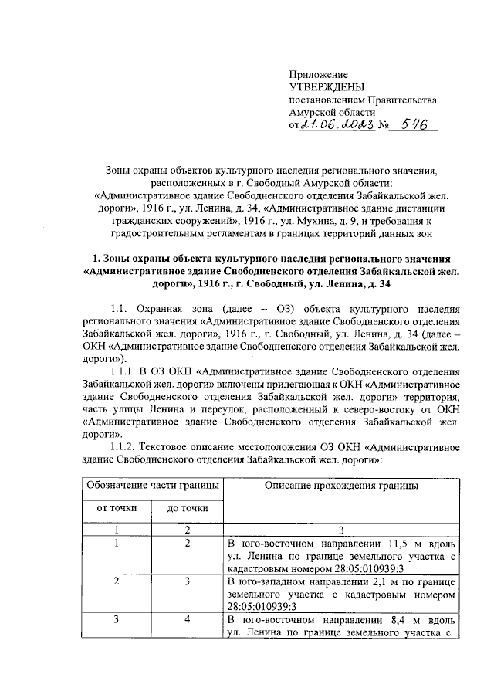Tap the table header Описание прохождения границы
tap(341, 485)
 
